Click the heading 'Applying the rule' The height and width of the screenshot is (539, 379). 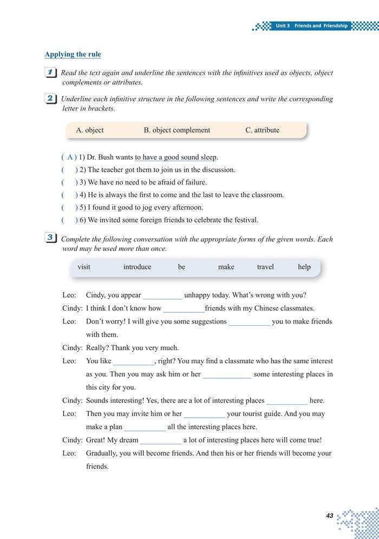[73, 54]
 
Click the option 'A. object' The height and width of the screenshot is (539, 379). [90, 130]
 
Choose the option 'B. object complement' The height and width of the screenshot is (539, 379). [177, 130]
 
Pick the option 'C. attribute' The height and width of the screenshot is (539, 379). [263, 130]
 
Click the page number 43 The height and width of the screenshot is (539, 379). [330, 516]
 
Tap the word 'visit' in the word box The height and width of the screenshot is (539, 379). [84, 267]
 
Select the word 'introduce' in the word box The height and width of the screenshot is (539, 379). [137, 267]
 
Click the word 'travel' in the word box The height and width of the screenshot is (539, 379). [265, 267]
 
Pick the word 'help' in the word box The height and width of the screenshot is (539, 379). [304, 267]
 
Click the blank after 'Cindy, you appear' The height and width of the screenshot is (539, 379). [163, 295]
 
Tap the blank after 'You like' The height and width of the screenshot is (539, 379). [134, 361]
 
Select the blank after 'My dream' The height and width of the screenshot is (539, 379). [161, 441]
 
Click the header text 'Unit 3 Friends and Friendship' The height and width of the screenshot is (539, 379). [311, 26]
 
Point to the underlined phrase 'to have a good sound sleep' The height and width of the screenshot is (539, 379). [175, 157]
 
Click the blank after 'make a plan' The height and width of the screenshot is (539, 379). [145, 428]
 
